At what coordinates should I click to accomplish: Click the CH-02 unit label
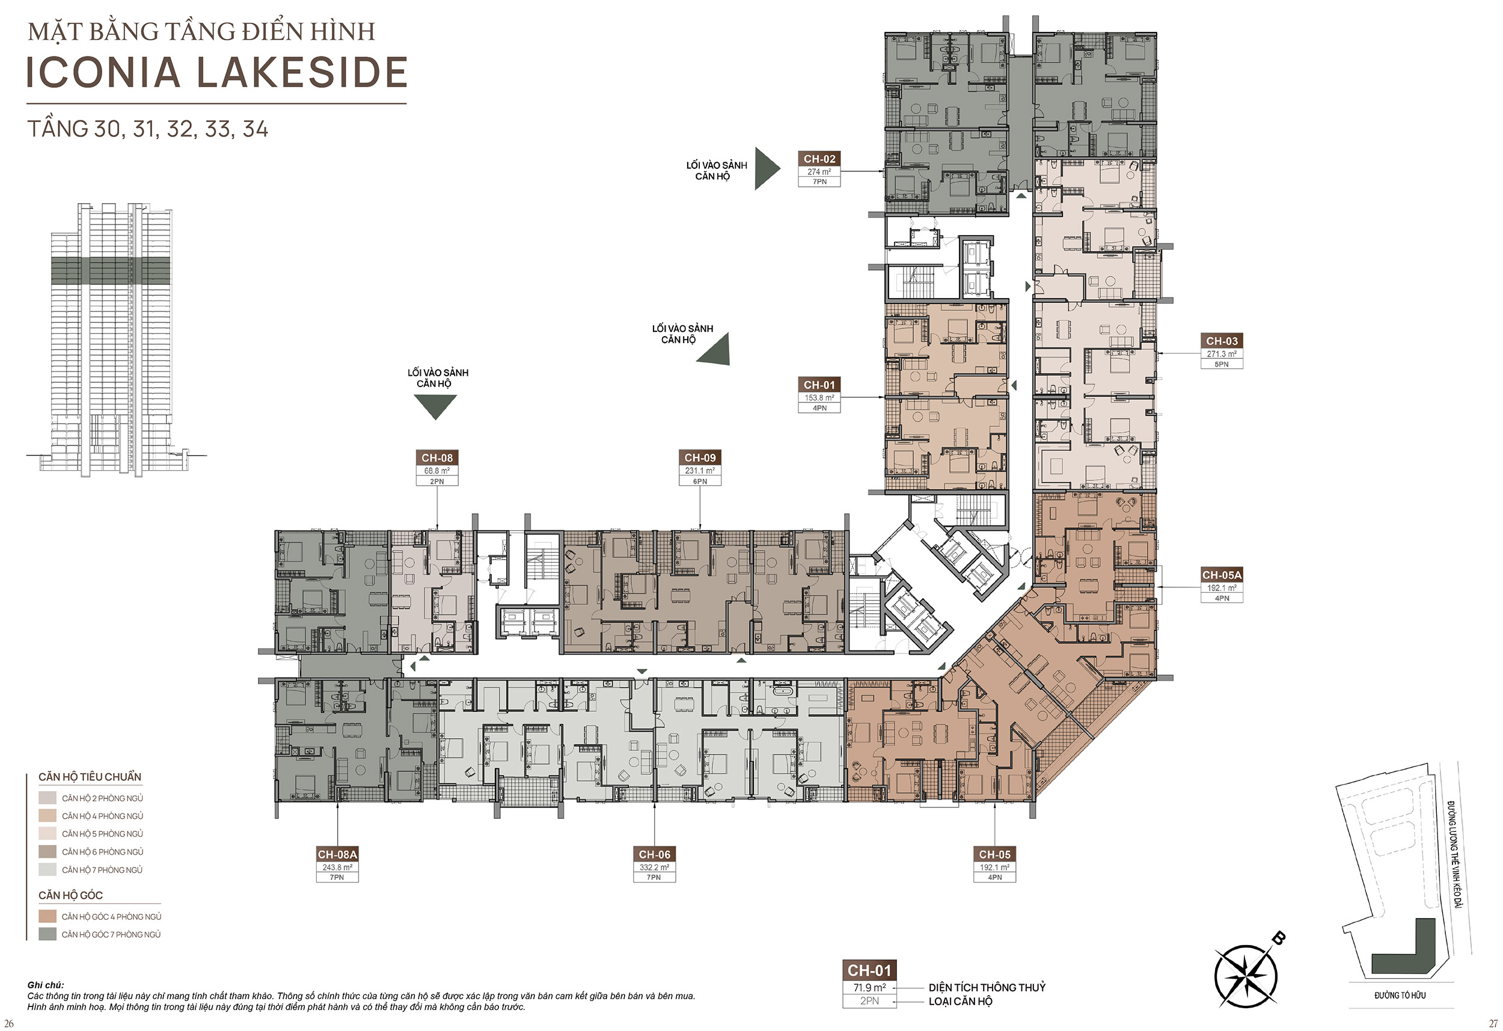pyautogui.click(x=819, y=159)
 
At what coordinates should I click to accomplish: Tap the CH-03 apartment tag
pyautogui.click(x=1222, y=341)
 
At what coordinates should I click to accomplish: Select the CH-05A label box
pyautogui.click(x=1222, y=575)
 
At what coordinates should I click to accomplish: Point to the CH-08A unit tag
pyautogui.click(x=337, y=854)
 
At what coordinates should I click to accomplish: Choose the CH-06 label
pyautogui.click(x=655, y=854)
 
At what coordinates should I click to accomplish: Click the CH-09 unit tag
pyautogui.click(x=700, y=458)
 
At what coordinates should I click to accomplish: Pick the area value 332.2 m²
pyautogui.click(x=655, y=867)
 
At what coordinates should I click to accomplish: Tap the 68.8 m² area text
pyautogui.click(x=437, y=471)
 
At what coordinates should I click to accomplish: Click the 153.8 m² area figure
pyautogui.click(x=819, y=398)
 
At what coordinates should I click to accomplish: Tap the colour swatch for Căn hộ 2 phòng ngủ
pyautogui.click(x=47, y=798)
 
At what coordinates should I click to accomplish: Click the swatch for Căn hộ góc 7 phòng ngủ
pyautogui.click(x=47, y=934)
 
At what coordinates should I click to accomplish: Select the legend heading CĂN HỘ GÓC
pyautogui.click(x=70, y=895)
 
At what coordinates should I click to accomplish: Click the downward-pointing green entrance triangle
pyautogui.click(x=435, y=407)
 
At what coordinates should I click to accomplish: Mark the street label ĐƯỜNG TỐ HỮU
pyautogui.click(x=1400, y=996)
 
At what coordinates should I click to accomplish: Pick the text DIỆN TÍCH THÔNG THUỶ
pyautogui.click(x=987, y=988)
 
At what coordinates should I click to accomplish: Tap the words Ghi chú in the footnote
pyautogui.click(x=46, y=985)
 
